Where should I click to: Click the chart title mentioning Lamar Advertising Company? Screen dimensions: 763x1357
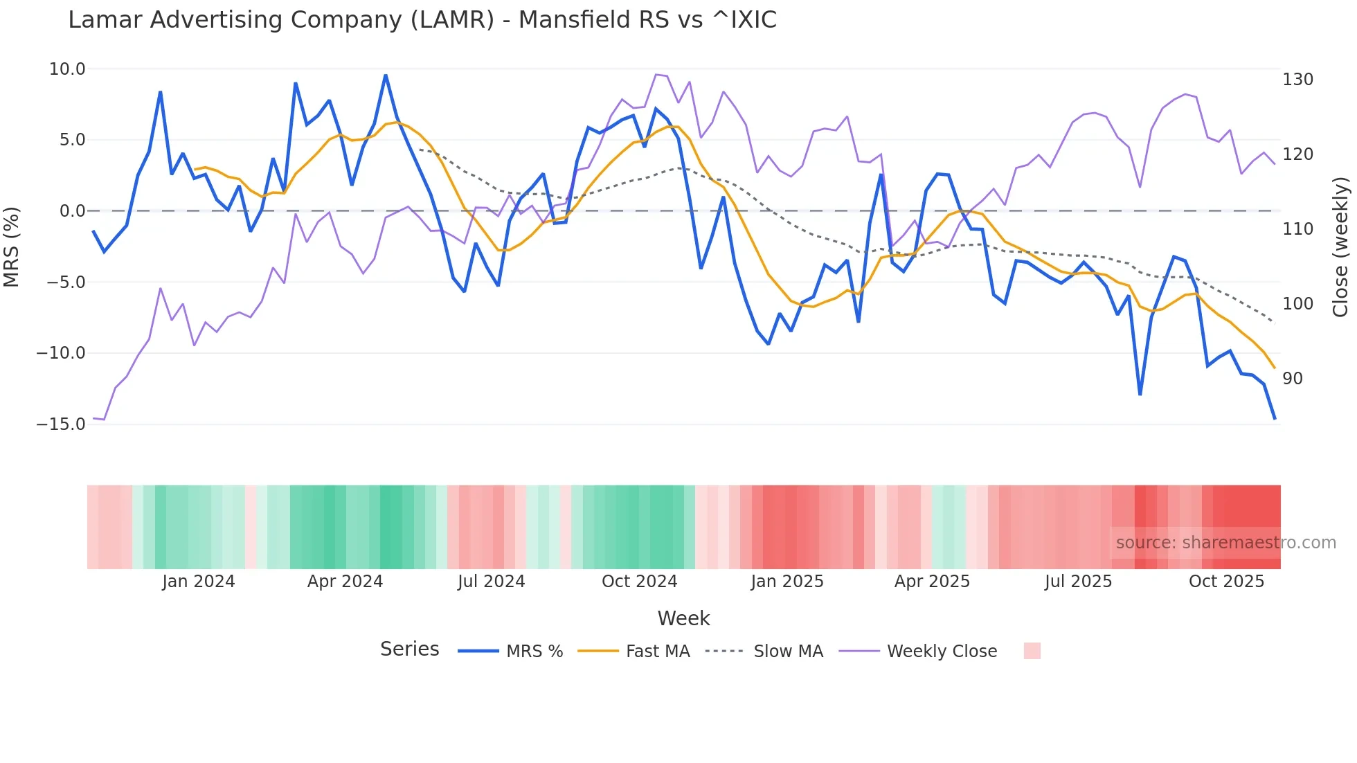[422, 20]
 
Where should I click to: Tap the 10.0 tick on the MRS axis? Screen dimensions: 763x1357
[67, 69]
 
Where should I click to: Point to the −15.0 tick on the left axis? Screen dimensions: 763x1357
[61, 424]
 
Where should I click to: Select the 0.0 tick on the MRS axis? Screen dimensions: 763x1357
[72, 211]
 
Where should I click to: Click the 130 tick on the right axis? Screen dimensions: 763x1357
[1297, 80]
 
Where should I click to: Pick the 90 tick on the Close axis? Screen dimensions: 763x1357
[1293, 379]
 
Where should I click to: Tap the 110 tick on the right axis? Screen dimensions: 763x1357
[1297, 229]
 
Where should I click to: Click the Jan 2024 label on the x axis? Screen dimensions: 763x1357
[199, 582]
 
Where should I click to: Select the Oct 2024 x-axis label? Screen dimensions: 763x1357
[639, 582]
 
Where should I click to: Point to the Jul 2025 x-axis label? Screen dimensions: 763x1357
[1078, 582]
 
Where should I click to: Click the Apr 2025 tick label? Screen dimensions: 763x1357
[932, 582]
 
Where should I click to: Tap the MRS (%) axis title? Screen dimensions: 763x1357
[12, 246]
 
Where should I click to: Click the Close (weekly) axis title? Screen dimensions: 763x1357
[1341, 246]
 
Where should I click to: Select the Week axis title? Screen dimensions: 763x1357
[683, 618]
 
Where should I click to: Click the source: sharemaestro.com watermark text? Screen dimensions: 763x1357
[1225, 543]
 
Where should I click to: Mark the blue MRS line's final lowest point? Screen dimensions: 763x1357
[1275, 419]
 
